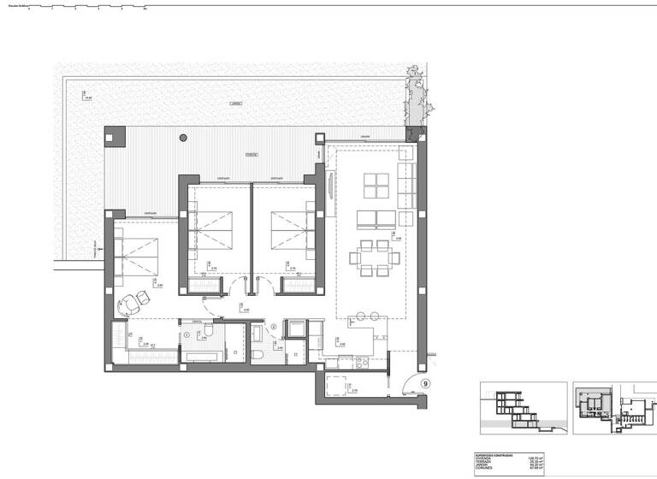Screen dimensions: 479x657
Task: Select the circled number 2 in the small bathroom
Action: point(274,326)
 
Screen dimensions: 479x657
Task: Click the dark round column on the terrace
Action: point(182,137)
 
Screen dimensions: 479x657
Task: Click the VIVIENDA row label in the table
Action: point(484,459)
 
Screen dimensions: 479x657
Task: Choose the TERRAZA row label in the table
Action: point(484,464)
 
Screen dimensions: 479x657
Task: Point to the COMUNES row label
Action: point(484,471)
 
